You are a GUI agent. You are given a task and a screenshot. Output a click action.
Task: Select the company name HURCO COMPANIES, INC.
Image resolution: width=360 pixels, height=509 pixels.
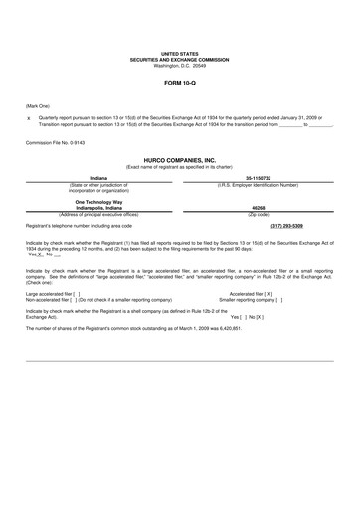tap(180, 159)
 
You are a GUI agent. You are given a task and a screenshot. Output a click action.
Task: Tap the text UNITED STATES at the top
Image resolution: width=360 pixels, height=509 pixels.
tap(180, 52)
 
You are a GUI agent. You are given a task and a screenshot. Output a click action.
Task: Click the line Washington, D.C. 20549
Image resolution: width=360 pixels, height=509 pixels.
tap(180, 65)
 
